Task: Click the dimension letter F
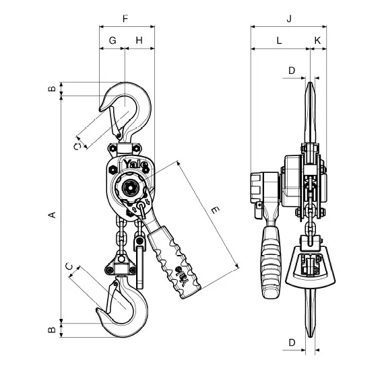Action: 125,19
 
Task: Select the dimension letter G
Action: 113,40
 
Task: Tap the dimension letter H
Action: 139,40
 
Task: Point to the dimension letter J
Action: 290,19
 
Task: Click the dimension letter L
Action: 279,40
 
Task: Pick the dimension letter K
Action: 317,40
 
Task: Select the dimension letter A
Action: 52,215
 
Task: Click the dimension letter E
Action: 215,210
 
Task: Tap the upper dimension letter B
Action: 52,89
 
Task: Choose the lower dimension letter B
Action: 52,330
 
